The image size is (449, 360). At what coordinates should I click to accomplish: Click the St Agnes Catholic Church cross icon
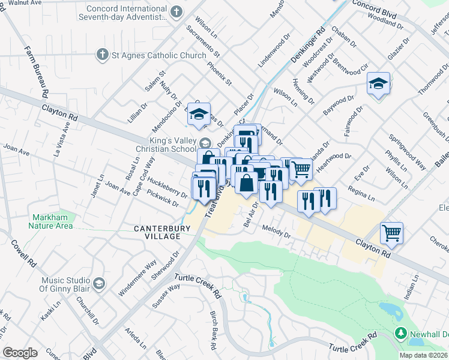[x=101, y=56]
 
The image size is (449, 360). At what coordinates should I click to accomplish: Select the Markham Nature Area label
[x=50, y=221]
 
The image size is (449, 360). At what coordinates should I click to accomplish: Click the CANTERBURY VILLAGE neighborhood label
[x=162, y=232]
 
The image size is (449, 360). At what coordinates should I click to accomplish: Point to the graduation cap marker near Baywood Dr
[x=379, y=84]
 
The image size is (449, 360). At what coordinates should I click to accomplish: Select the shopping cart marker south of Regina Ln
[x=391, y=233]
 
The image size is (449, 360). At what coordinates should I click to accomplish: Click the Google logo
[x=20, y=353]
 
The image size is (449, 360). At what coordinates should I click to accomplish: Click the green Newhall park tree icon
[x=401, y=332]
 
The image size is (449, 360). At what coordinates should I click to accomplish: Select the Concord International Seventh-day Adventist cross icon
[x=176, y=12]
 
